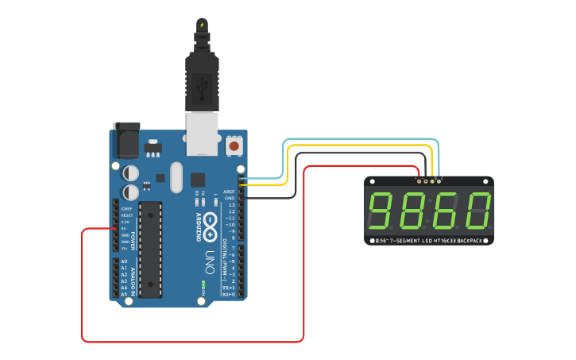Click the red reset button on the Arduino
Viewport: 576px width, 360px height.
click(234, 146)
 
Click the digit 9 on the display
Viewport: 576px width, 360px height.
click(385, 211)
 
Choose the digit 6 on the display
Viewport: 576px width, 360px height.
click(446, 211)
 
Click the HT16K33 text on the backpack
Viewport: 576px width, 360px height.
click(450, 240)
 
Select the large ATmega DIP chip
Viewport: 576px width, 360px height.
click(150, 249)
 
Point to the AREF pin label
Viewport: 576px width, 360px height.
click(229, 192)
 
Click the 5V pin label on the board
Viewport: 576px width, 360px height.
click(125, 229)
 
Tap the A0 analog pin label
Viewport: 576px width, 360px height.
click(124, 261)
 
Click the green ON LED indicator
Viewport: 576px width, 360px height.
click(203, 285)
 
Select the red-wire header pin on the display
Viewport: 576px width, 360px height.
click(419, 181)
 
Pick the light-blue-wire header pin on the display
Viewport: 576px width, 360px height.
click(439, 181)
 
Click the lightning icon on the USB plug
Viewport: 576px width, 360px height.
click(202, 25)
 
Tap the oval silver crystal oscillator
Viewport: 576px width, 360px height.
click(175, 177)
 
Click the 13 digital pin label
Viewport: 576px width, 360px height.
click(231, 204)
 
